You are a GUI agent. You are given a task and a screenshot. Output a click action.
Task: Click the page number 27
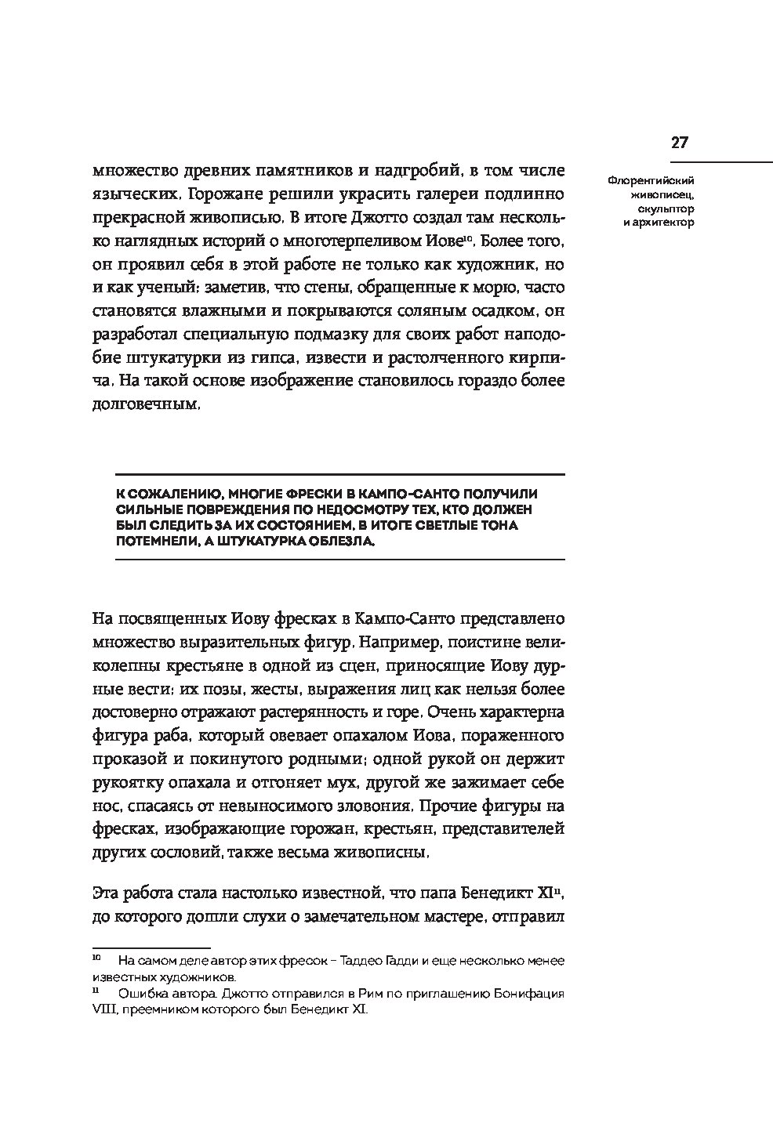pos(679,142)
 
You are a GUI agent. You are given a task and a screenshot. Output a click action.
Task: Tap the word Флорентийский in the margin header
pos(651,180)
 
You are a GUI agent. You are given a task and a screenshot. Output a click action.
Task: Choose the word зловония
pos(372,806)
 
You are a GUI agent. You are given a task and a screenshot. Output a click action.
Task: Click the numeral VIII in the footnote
pos(103,1010)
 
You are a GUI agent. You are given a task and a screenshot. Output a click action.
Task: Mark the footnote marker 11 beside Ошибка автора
pos(96,991)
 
